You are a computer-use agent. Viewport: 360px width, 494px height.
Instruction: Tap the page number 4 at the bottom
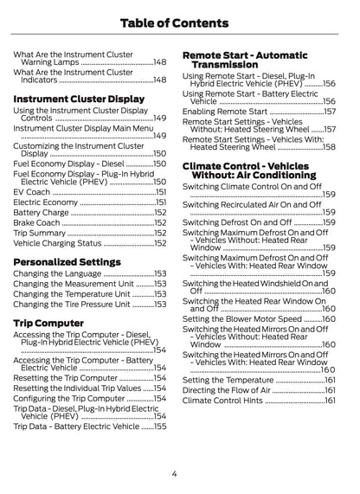[174, 474]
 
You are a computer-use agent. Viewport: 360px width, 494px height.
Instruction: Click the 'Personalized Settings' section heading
[67, 260]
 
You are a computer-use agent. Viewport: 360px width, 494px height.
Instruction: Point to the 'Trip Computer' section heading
[48, 323]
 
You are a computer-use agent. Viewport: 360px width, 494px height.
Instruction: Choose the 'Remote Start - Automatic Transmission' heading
[242, 60]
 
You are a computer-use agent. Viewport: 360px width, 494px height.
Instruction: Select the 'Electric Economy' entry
[46, 202]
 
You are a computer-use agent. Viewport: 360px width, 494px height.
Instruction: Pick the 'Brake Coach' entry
[36, 222]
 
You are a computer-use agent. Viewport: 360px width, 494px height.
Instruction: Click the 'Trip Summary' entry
[40, 233]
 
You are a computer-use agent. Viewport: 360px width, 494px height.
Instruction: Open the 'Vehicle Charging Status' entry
[57, 243]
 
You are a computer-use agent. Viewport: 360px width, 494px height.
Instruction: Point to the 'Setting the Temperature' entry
[228, 380]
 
